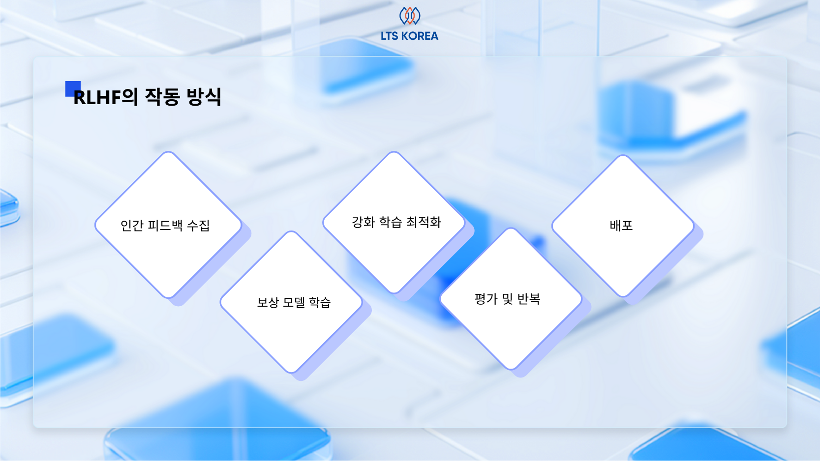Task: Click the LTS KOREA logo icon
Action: tap(409, 16)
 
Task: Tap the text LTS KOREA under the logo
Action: tap(409, 36)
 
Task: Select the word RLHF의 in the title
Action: tap(105, 97)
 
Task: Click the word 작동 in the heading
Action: tap(162, 97)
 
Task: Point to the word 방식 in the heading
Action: tap(204, 97)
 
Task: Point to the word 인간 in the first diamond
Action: tap(132, 226)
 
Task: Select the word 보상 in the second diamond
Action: tap(268, 302)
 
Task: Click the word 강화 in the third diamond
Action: tap(363, 222)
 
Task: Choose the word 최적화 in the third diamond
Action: tap(424, 222)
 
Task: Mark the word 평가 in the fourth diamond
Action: tap(486, 299)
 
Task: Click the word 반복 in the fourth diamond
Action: tap(529, 299)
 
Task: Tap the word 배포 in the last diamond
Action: tap(621, 226)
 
